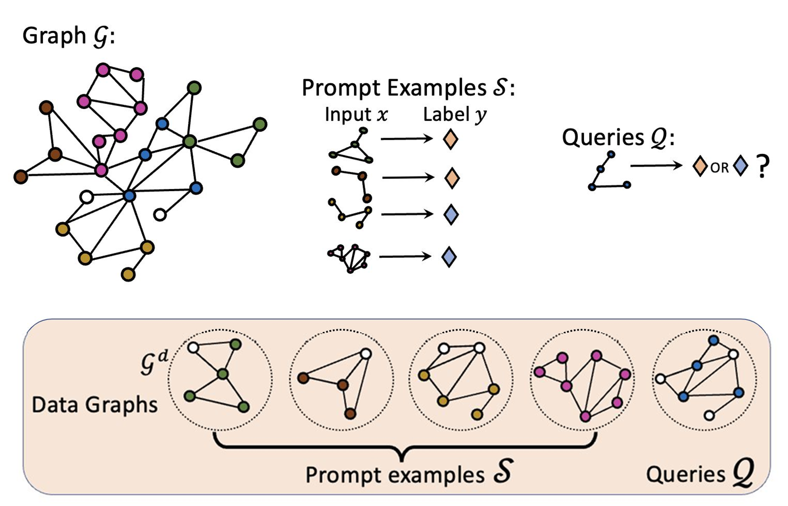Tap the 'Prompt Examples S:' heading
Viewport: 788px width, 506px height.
click(x=408, y=88)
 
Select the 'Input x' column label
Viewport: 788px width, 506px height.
click(x=356, y=115)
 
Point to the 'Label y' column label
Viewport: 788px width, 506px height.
click(x=454, y=115)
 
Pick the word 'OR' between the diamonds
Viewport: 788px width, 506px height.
click(x=719, y=168)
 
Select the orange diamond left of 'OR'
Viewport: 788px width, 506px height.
click(x=699, y=166)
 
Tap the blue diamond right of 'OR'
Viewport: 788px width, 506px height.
click(x=740, y=166)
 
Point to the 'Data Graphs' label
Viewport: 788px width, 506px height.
click(x=94, y=405)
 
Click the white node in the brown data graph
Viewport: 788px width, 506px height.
click(x=365, y=354)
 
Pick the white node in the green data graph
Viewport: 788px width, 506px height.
click(x=193, y=348)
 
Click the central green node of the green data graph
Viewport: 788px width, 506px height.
click(x=223, y=375)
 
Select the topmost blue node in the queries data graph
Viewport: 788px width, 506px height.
click(x=714, y=340)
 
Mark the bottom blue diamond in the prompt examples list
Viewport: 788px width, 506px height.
click(x=449, y=256)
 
